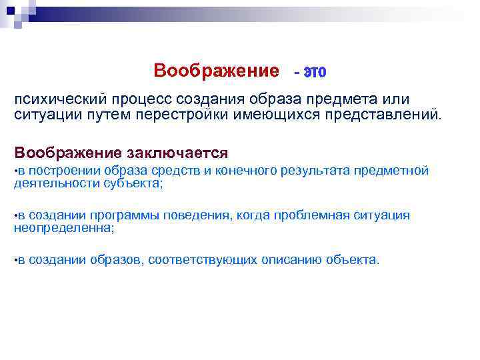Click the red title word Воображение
pos(216,71)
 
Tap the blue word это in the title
pos(314,71)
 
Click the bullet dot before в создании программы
pos(16,216)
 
